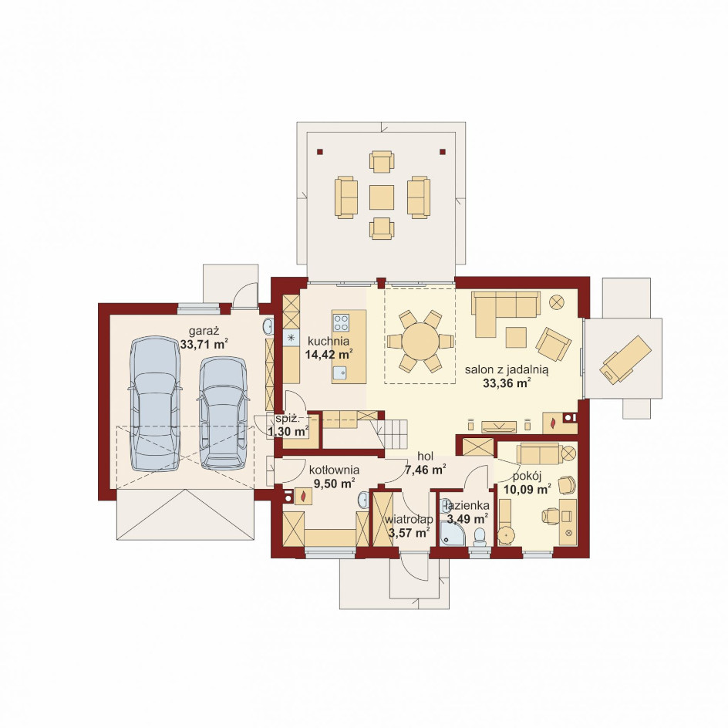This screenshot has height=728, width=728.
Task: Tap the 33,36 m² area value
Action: coord(507,383)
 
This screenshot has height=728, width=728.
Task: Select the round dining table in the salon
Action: coord(420,341)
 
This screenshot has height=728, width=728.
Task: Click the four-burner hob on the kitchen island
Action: coord(341,322)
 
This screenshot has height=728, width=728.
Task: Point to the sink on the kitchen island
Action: coord(340,372)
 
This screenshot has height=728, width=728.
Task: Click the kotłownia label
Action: coord(334,470)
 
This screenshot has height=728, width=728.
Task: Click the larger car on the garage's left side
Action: coord(154,403)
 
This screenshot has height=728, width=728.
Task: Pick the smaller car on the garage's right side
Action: coord(223,413)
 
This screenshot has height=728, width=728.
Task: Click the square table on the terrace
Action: coord(382,197)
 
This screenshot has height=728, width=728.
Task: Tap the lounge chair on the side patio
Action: coord(625,360)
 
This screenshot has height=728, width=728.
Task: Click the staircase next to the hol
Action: coord(393,433)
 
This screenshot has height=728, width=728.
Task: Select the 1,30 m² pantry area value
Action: coord(288,431)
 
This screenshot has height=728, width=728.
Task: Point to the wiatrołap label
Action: coord(409,519)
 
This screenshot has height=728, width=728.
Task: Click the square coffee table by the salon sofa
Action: coord(516,338)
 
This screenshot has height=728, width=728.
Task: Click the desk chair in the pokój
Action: coord(551,515)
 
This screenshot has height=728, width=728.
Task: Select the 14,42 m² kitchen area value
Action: coord(328,355)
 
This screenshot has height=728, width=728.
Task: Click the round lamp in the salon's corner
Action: coord(556,302)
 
